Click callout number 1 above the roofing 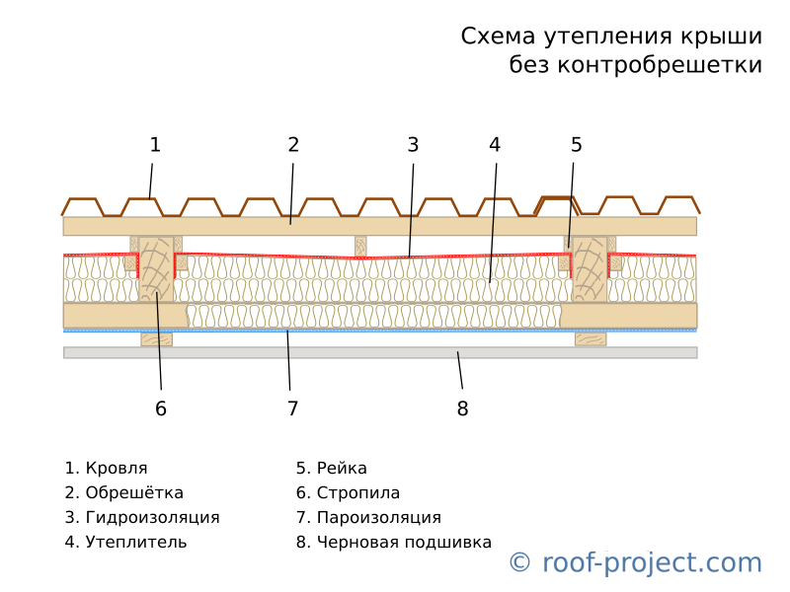point(155,145)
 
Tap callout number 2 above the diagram point(293,145)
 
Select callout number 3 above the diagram point(413,145)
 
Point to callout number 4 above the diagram point(495,145)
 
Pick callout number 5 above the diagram point(577,145)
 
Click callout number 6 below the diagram point(161,408)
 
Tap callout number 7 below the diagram point(292,408)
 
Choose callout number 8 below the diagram point(462,408)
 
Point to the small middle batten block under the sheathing point(360,247)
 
